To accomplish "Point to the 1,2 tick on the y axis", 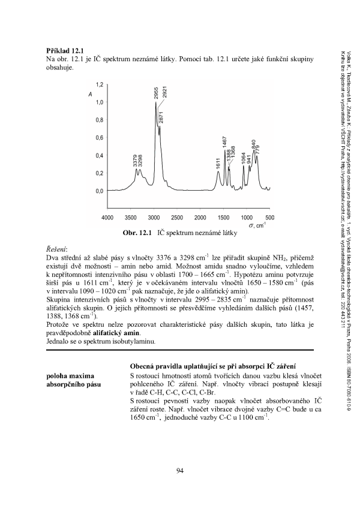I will point(99,85).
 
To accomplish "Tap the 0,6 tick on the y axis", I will point(99,138).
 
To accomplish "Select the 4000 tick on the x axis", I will point(107,217).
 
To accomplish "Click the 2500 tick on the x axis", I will point(177,217).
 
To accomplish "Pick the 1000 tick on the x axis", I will point(247,217).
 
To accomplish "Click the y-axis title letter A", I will point(90,95).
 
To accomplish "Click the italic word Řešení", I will point(56,249).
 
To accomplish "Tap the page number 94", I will point(179,469).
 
